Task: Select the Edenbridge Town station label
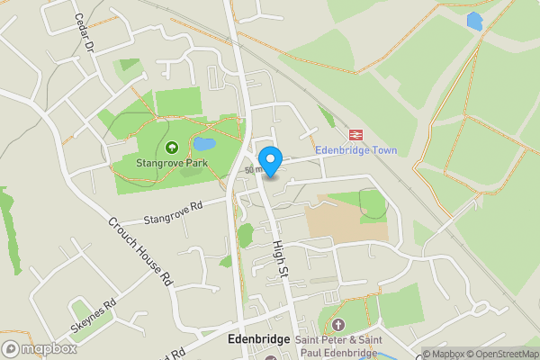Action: point(356,150)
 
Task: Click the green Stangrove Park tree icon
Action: point(171,148)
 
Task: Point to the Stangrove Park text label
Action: point(171,164)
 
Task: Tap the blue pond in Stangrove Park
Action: point(204,144)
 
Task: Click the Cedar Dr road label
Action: point(85,31)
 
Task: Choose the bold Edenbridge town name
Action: point(258,339)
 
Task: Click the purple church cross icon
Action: point(338,324)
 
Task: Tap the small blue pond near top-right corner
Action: point(474,20)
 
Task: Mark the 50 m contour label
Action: point(253,169)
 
